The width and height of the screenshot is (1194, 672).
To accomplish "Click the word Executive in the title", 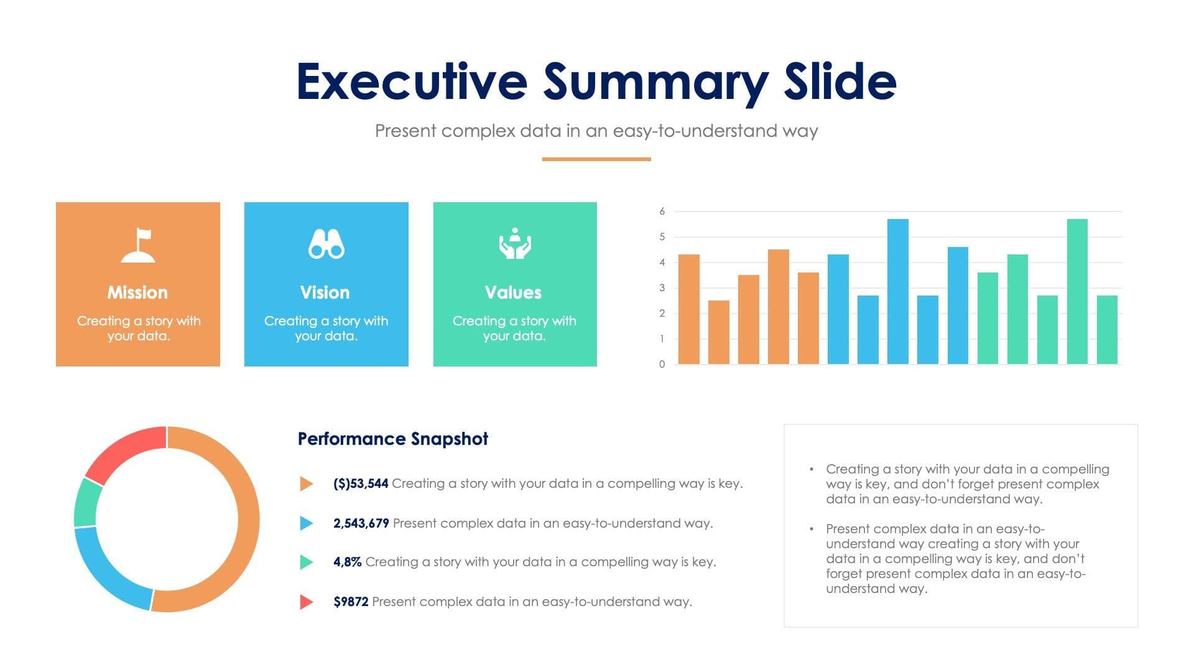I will click(x=412, y=82).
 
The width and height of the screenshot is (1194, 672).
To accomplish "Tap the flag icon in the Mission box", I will click(x=138, y=245).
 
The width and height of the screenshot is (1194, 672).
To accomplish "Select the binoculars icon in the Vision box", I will click(x=326, y=244).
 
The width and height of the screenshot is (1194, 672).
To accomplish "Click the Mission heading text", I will click(x=137, y=292).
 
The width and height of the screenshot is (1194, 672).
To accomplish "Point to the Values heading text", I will click(x=513, y=292).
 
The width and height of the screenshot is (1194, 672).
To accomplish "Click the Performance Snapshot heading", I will click(x=392, y=439).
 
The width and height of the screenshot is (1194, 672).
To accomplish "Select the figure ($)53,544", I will click(x=361, y=483).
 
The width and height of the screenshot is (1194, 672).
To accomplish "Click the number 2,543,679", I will click(x=361, y=523).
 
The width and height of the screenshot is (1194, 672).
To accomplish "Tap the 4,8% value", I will click(x=347, y=562).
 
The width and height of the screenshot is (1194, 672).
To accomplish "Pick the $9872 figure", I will click(x=351, y=602).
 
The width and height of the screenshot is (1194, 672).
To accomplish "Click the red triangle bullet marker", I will click(x=306, y=602).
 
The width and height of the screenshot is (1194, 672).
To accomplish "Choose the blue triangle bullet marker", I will click(x=306, y=523).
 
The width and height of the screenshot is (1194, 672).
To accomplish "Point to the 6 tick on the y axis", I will click(x=662, y=212).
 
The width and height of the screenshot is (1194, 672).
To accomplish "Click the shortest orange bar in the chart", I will click(x=718, y=332).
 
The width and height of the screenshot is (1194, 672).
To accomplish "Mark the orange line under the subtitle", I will click(x=596, y=159).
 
